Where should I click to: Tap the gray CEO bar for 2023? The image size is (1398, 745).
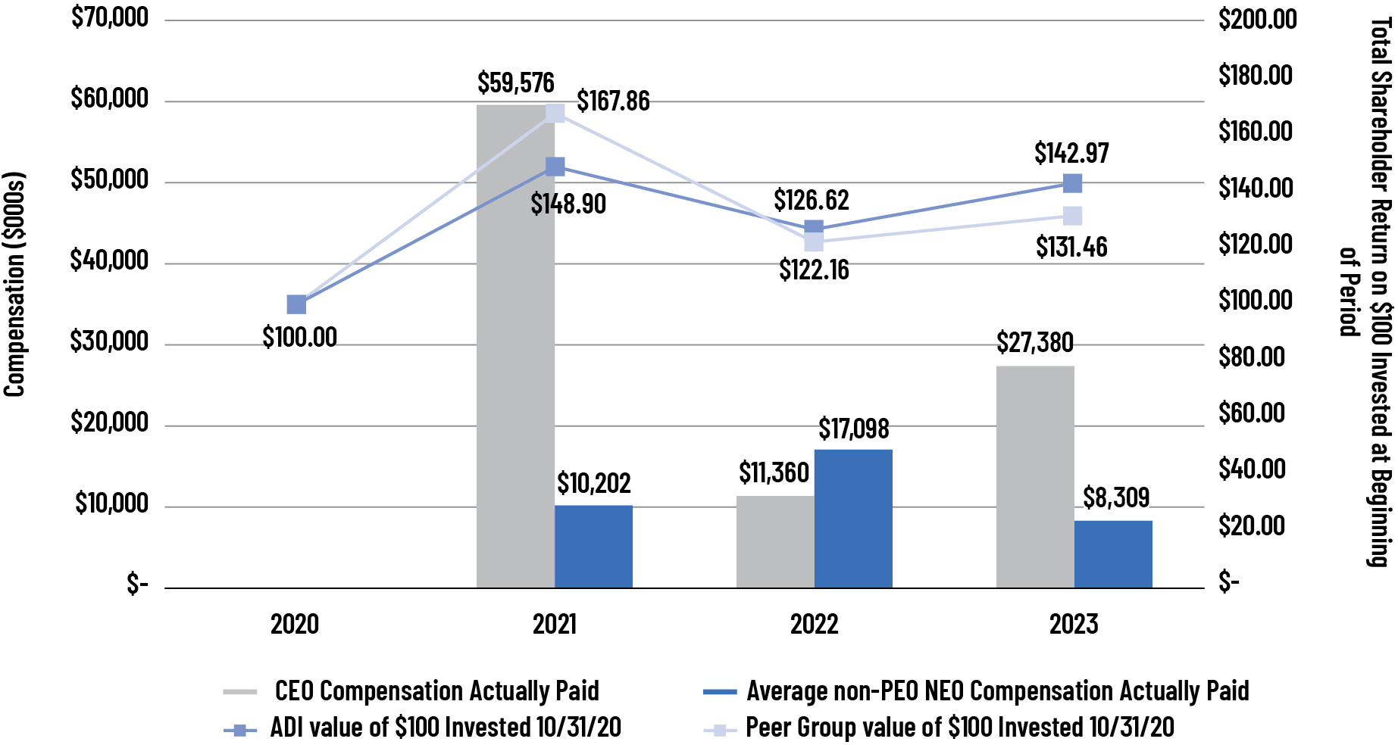pos(1035,477)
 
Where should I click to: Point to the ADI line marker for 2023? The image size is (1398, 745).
pos(1072,183)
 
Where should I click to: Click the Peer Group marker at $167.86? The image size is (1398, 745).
pos(555,113)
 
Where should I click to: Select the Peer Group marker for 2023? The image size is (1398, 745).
pos(1072,216)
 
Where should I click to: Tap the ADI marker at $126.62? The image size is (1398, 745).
pos(814,228)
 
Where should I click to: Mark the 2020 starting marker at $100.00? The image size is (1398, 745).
pos(296,304)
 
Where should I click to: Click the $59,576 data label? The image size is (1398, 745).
pos(515,83)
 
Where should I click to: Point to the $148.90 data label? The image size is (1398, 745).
pos(568,204)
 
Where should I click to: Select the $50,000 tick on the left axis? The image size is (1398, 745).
pos(109,179)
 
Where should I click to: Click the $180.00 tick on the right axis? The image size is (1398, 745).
pos(1256,75)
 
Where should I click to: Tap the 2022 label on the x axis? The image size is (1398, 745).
pos(814,624)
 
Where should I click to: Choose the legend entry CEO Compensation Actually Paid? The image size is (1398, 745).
pos(436,690)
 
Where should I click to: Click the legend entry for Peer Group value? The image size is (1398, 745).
pos(959,728)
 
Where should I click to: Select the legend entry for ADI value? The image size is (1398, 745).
pos(446,728)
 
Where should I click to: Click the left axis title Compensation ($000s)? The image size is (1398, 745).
pos(15,284)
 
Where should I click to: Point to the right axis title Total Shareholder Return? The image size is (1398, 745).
pos(1379,291)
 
